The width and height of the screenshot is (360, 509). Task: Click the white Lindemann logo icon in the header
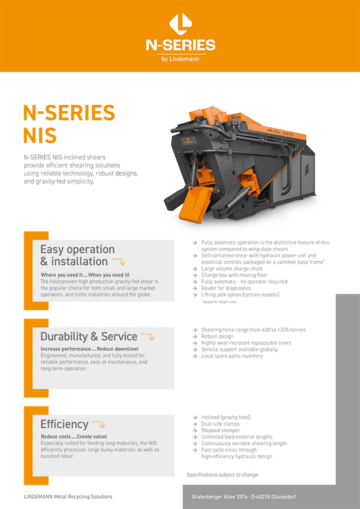pyautogui.click(x=180, y=24)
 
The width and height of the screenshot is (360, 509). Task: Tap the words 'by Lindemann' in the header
pyautogui.click(x=180, y=59)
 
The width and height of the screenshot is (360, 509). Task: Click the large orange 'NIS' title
pyautogui.click(x=40, y=135)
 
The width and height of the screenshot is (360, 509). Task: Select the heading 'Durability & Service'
pyautogui.click(x=89, y=337)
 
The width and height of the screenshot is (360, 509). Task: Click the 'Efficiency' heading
pyautogui.click(x=64, y=424)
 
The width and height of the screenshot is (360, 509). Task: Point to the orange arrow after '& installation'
pyautogui.click(x=118, y=262)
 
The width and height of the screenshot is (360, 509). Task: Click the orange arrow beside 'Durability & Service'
pyautogui.click(x=148, y=337)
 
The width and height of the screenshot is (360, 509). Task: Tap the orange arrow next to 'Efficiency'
pyautogui.click(x=98, y=425)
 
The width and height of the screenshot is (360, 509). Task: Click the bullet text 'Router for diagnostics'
pyautogui.click(x=226, y=288)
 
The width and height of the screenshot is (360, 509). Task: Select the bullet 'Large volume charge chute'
pyautogui.click(x=231, y=268)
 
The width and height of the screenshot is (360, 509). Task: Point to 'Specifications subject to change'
pyautogui.click(x=222, y=475)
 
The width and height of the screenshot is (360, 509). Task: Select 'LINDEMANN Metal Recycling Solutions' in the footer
pyautogui.click(x=68, y=496)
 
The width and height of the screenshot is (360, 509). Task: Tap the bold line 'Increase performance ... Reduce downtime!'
pyautogui.click(x=89, y=350)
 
